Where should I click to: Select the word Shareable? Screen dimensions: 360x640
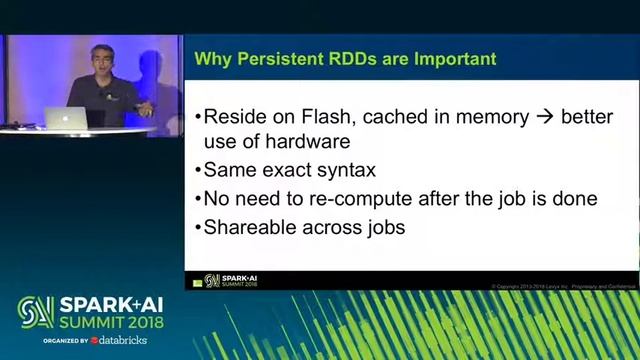(251, 227)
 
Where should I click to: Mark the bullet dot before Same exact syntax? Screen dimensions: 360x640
(196, 171)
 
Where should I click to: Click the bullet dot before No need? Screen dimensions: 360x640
(196, 199)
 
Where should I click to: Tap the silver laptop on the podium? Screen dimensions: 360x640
(69, 118)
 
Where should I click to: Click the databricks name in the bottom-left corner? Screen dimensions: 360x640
(120, 340)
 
